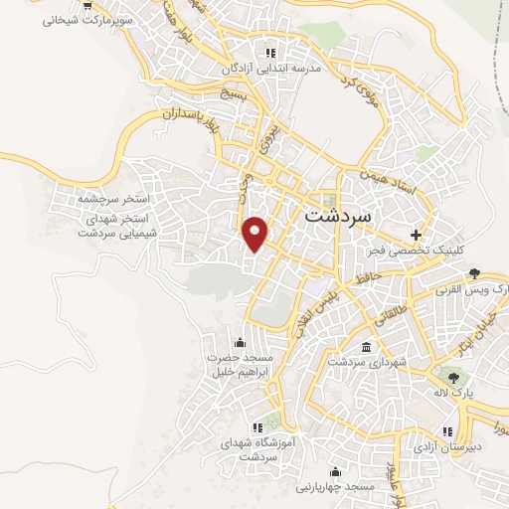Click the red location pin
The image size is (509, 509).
[256, 233]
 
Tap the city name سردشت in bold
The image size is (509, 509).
[336, 214]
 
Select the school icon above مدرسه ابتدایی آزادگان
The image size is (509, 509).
[268, 53]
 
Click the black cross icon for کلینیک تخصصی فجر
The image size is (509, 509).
[417, 236]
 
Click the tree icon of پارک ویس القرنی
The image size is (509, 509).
[475, 273]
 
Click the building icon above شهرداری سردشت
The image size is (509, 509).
[368, 347]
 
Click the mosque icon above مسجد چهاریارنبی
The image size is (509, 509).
[334, 471]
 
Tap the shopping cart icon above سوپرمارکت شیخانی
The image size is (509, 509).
[86, 5]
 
